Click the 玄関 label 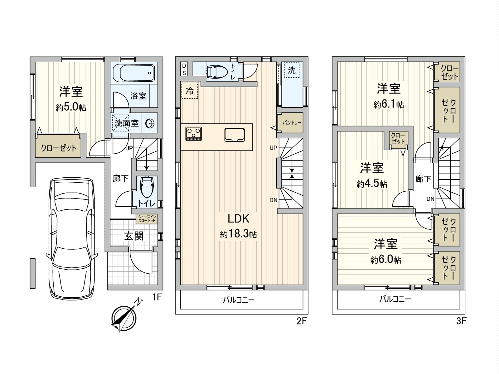point(134,236)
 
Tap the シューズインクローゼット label point(147,218)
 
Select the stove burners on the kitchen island point(194,134)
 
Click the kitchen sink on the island point(235,135)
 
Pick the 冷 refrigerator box point(190,90)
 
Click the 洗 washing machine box point(291,70)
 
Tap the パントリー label point(292,122)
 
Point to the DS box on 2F point(184,69)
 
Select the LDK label point(238,218)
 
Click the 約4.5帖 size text point(372,184)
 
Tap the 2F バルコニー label point(239,300)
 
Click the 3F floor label point(461,321)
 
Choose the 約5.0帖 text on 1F point(71,108)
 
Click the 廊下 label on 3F point(423,179)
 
